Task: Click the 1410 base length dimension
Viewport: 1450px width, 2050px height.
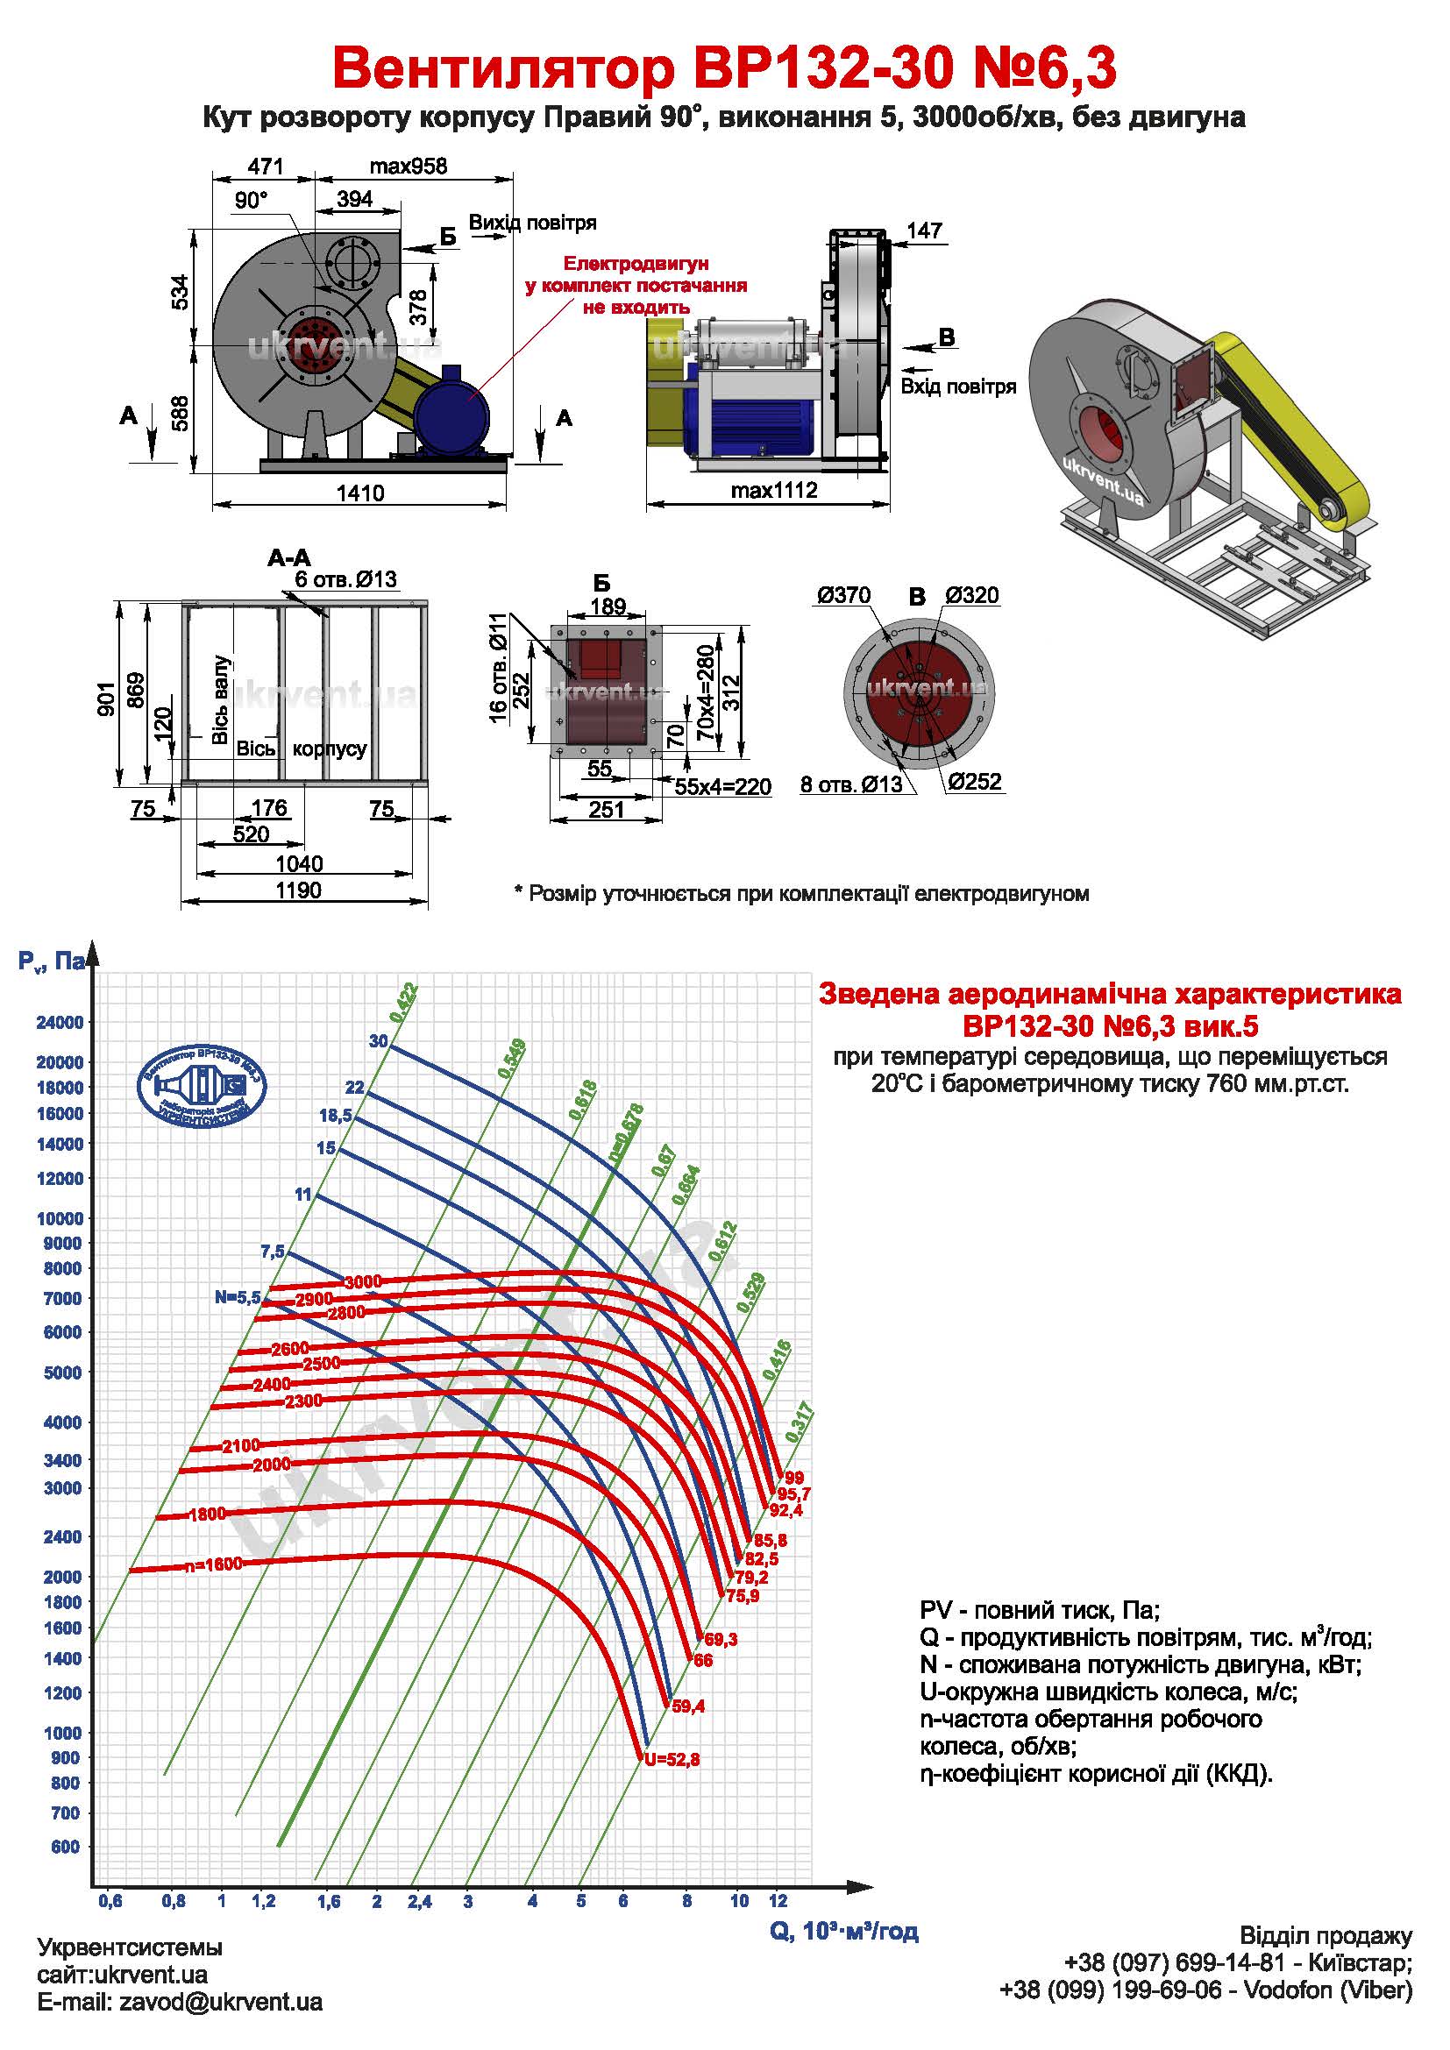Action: [359, 493]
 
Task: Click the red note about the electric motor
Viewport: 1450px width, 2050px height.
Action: [636, 286]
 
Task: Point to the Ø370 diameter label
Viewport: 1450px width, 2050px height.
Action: [842, 595]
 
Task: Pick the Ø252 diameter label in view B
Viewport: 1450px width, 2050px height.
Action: [975, 782]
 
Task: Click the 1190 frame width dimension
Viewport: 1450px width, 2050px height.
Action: [298, 890]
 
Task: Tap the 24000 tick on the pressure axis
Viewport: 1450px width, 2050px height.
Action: [60, 1022]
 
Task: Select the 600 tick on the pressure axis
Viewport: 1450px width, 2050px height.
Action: [65, 1847]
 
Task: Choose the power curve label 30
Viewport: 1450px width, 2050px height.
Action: [379, 1041]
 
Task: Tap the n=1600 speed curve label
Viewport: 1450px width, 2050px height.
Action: [213, 1565]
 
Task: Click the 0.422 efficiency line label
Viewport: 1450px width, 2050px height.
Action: [403, 1002]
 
